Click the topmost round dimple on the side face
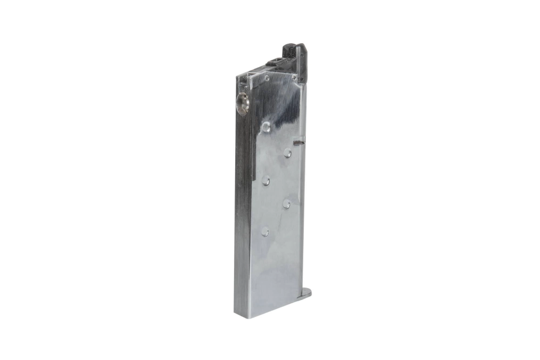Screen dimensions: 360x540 click(266, 127)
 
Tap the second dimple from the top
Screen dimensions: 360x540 click(288, 154)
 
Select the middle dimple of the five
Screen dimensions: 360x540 click(266, 181)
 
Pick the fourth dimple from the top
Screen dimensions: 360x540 click(286, 204)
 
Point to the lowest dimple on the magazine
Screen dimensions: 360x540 click(265, 231)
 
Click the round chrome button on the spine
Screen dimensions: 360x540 click(243, 102)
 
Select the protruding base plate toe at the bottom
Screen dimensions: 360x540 click(304, 295)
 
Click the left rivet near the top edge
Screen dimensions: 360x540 click(266, 79)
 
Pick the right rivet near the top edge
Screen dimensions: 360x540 click(294, 77)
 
